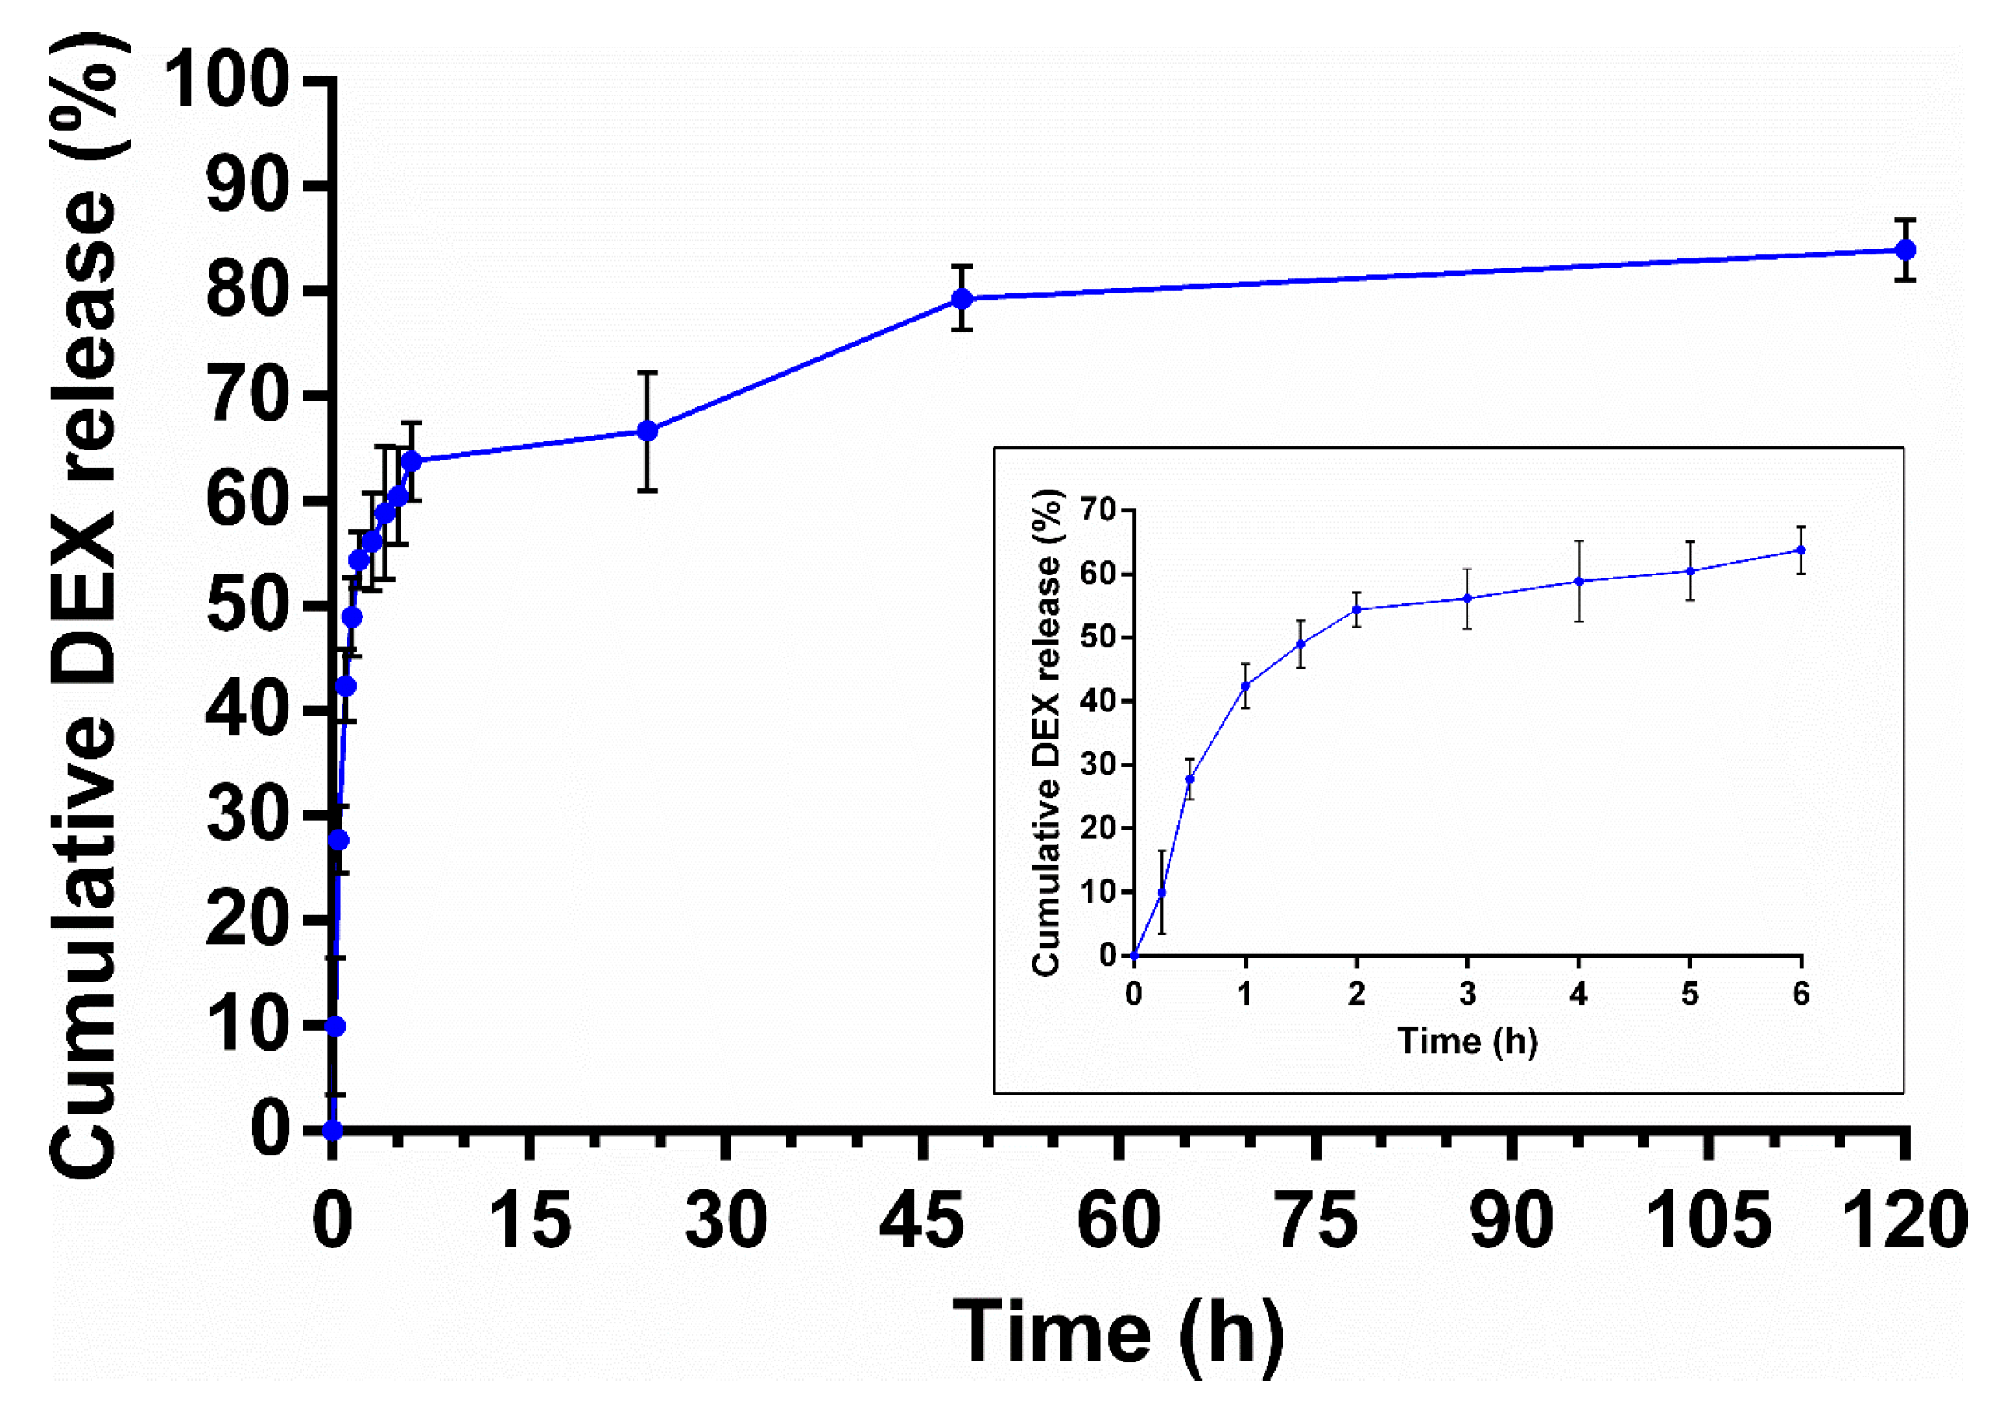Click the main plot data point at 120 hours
click(1904, 249)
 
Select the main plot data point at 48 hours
click(962, 298)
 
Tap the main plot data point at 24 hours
click(647, 431)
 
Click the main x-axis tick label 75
click(1316, 1221)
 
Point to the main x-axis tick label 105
click(1709, 1221)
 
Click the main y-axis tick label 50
click(247, 606)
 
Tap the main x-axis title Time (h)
click(1118, 1332)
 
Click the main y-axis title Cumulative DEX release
click(83, 609)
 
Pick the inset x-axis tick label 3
click(1468, 993)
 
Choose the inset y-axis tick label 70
click(1098, 510)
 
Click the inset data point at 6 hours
click(1801, 550)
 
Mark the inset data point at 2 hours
click(1357, 609)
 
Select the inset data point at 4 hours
click(1579, 581)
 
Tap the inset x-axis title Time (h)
click(1468, 1041)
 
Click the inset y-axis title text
click(1047, 731)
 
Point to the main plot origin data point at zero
click(332, 1130)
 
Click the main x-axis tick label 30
click(726, 1221)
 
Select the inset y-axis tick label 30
click(1098, 765)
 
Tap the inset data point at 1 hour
click(1245, 686)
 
